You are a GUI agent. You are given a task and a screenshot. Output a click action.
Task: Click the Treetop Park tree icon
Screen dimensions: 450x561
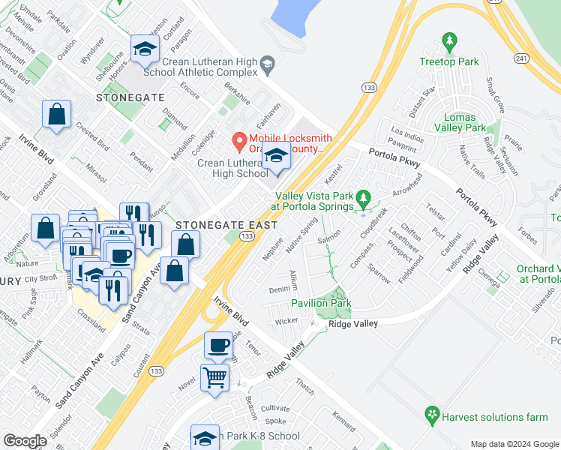click(x=449, y=40)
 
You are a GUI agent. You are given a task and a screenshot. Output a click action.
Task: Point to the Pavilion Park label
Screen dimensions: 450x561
click(x=321, y=304)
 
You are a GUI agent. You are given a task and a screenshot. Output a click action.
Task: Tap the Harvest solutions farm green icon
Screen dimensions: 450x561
click(x=432, y=413)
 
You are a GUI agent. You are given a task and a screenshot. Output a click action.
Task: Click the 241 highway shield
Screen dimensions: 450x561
click(x=523, y=58)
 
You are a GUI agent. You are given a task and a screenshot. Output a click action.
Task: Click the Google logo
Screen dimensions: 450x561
click(x=25, y=441)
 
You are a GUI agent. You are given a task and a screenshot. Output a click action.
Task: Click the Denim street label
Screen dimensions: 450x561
click(x=280, y=289)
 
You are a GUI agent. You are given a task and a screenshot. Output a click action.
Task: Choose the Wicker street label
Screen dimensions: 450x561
click(x=286, y=321)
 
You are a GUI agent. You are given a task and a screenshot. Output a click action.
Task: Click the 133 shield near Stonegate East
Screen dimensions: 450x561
click(x=246, y=235)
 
